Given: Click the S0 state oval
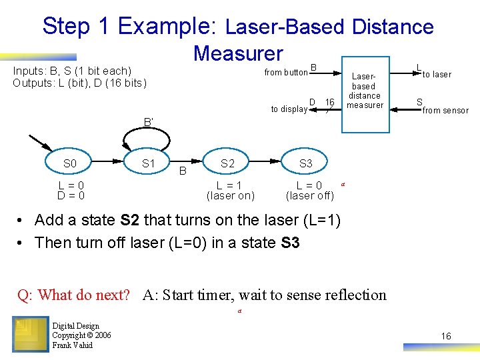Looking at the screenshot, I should coord(70,163).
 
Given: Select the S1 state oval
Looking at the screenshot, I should coord(149,163).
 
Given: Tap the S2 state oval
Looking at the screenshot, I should coord(228,163).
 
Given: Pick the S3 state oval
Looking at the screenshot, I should coord(305,163).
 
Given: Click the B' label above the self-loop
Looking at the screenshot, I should coord(148,122).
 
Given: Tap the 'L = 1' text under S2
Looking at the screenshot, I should coord(229,186).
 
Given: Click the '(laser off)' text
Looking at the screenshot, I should coord(309,196).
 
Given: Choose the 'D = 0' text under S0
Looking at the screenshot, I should coord(71,196).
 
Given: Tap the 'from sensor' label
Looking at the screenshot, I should coord(445,111).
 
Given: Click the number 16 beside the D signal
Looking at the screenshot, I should coord(329,102).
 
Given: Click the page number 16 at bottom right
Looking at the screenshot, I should coord(446,336).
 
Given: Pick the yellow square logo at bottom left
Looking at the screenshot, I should coord(30,333).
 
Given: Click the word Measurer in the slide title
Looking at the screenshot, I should coord(238,53).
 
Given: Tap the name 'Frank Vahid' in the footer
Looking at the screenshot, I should coord(73,345).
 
